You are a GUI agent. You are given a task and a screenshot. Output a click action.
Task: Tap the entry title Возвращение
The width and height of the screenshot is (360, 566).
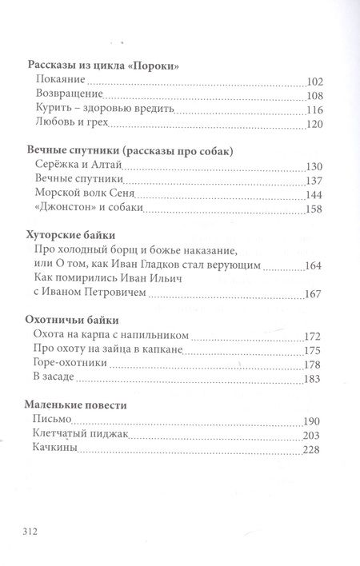(x=69, y=96)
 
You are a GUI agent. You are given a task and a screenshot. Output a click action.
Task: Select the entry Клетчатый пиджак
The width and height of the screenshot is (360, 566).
(x=82, y=435)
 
